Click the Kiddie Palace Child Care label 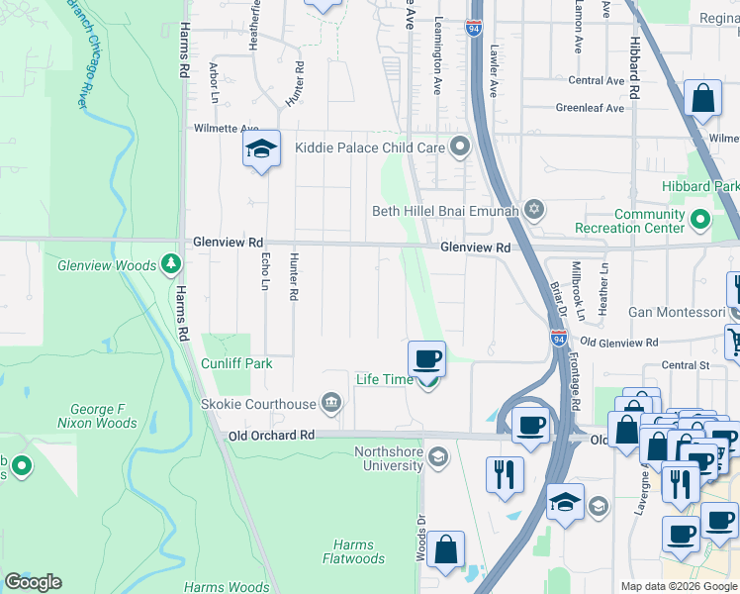[x=371, y=148]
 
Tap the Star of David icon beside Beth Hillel [x=535, y=210]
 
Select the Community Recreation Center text [x=649, y=221]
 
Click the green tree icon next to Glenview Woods [x=172, y=263]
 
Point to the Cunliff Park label [x=236, y=363]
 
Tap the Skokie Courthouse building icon [x=331, y=402]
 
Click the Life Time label [x=384, y=379]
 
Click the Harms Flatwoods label [x=353, y=551]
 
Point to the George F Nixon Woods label [x=103, y=416]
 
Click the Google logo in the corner [x=33, y=582]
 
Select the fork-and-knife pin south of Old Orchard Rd [x=505, y=473]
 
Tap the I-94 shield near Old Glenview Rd [x=559, y=339]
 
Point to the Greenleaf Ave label [x=590, y=108]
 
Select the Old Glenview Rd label [x=618, y=343]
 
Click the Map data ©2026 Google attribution [x=678, y=586]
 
